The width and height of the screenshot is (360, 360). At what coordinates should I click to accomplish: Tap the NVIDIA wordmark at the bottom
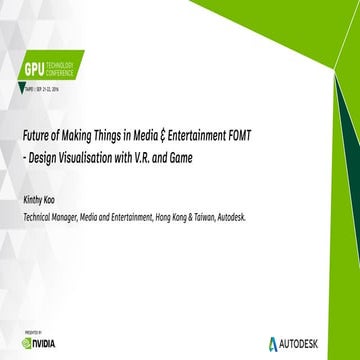coord(47,340)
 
